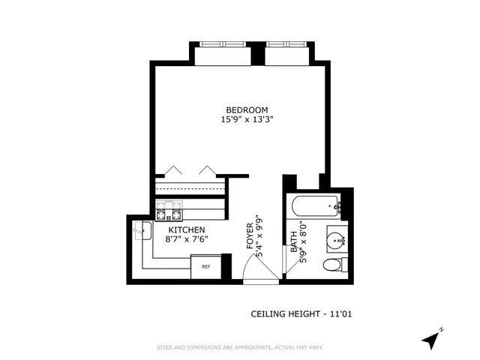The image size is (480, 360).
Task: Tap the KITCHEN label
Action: click(186, 229)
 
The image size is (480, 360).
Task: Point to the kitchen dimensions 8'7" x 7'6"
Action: click(186, 239)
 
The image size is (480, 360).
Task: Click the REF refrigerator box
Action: click(205, 266)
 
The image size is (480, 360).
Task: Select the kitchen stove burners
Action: click(169, 208)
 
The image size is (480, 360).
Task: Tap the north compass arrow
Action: click(431, 340)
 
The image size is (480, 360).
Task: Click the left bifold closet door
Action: click(175, 170)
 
